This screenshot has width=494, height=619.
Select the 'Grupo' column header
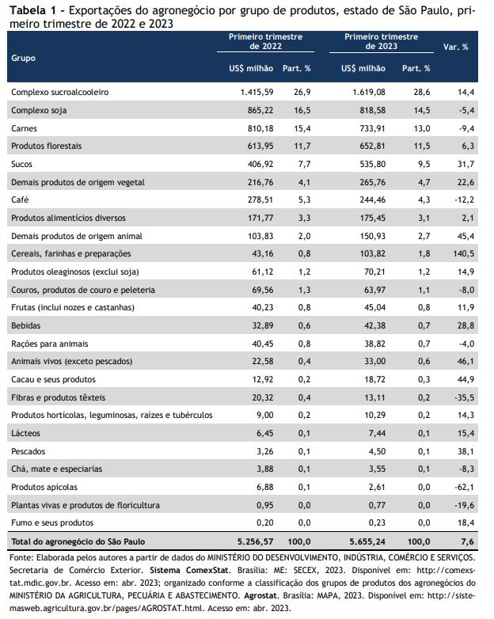pos(23,58)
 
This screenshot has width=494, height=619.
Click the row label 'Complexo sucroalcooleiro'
pos(59,93)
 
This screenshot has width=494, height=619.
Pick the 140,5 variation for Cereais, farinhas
pos(462,253)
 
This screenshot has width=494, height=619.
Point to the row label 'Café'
pos(21,199)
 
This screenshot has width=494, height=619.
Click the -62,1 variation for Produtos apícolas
pos(463,486)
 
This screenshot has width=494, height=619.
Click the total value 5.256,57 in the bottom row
pos(249,541)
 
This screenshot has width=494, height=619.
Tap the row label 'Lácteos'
pos(26,433)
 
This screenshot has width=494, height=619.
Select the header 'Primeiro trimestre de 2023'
pos(381,42)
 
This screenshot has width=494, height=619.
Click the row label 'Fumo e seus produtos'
pos(51,522)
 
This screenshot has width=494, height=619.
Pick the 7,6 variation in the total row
pos(466,541)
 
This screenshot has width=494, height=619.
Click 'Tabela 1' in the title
pos(29,10)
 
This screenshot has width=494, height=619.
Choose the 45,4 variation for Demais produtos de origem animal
pos(464,236)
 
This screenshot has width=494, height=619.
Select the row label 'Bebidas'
pos(26,325)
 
